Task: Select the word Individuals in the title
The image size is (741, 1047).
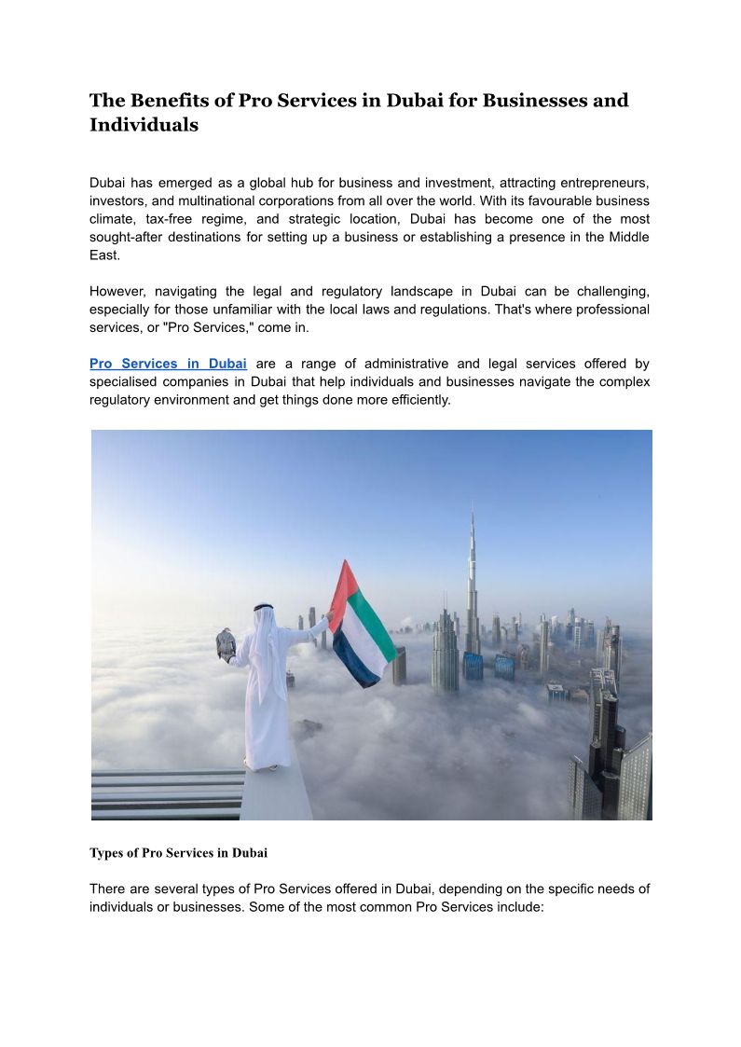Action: [x=144, y=125]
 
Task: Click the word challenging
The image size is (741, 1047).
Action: [x=610, y=291]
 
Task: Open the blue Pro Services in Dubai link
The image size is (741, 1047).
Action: [x=168, y=364]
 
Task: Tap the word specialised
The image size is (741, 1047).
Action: [x=130, y=382]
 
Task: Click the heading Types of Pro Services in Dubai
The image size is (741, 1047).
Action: [x=178, y=852]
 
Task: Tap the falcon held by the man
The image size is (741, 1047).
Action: [x=226, y=643]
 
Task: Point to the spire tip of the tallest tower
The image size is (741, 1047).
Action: [x=473, y=507]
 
